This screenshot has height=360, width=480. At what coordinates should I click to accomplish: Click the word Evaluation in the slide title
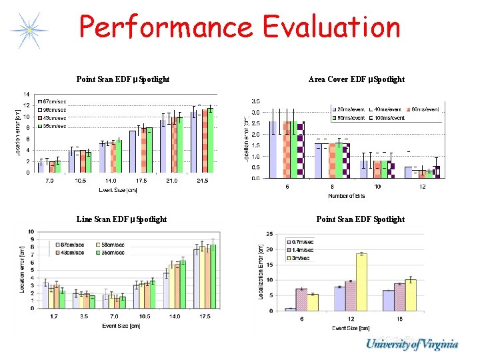point(331,28)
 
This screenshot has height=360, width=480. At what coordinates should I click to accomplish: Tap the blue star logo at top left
point(29,31)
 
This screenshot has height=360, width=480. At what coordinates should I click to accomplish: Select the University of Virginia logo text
point(411,345)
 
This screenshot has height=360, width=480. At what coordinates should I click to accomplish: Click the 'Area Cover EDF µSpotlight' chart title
point(357,79)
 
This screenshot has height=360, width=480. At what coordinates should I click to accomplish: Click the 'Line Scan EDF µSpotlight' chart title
point(121,219)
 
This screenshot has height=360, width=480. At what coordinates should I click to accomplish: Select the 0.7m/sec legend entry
point(305,243)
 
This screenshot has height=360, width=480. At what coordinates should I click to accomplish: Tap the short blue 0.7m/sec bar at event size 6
point(290,309)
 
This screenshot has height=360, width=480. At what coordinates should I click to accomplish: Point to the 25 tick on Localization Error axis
point(269,234)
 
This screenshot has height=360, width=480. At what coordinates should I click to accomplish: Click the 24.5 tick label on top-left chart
point(203,181)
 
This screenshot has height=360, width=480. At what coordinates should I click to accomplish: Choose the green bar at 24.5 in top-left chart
point(211,139)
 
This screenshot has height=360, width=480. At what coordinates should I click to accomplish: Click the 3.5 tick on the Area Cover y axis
point(255,101)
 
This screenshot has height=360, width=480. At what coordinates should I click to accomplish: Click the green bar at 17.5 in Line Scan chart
point(213,276)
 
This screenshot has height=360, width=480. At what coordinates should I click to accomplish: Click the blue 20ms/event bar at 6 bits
point(273,149)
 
